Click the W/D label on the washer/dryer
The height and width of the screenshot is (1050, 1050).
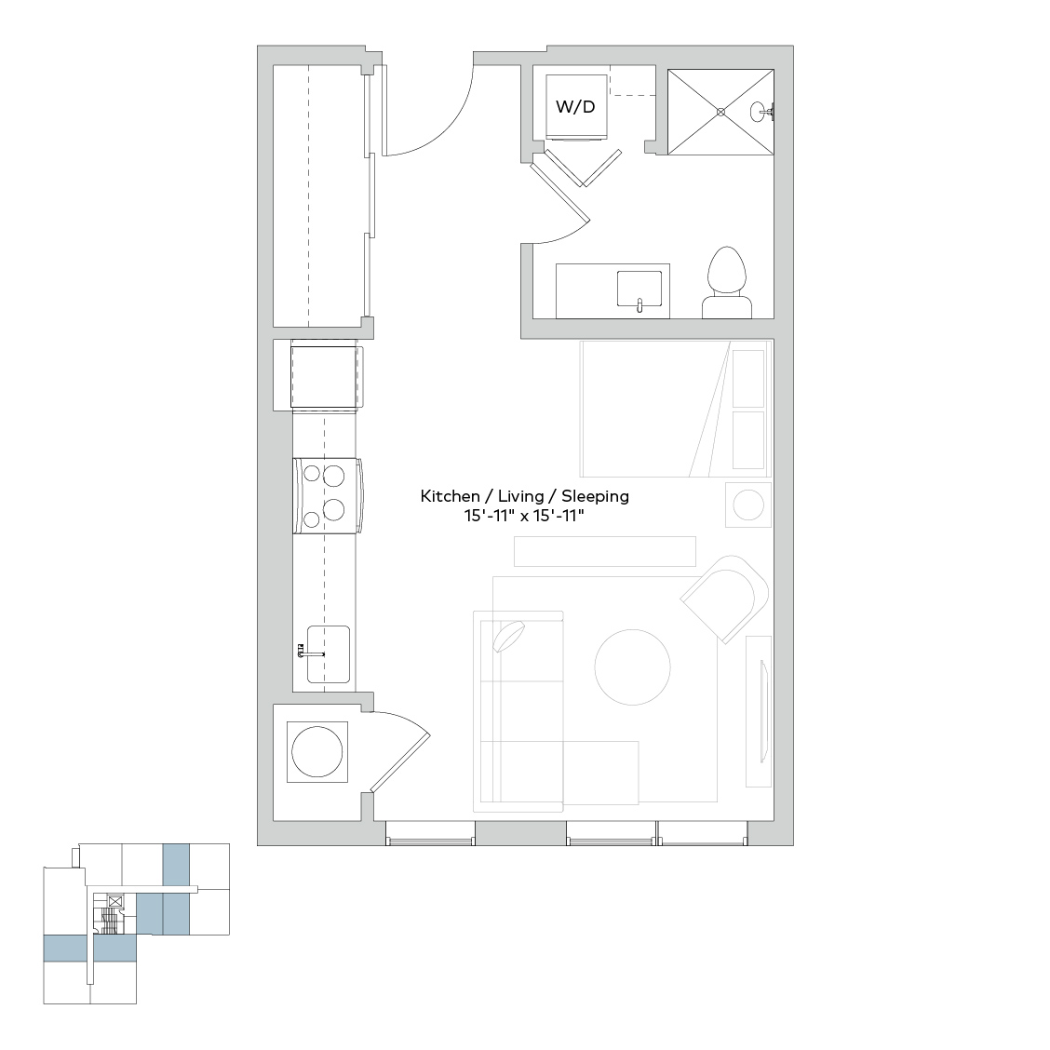575,106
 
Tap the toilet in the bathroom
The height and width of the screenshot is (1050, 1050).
727,283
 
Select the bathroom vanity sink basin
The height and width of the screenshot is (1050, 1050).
639,290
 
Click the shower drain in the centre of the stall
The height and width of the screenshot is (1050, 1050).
720,112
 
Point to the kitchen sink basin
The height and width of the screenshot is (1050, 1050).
328,654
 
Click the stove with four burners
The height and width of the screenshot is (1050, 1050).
328,495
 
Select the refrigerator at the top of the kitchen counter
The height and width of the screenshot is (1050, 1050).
326,376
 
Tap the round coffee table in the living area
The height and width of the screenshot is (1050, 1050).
632,667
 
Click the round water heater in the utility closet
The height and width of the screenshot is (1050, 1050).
317,751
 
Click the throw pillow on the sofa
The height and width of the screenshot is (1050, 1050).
509,636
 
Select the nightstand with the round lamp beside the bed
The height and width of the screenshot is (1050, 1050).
748,505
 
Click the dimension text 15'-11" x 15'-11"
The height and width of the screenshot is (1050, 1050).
525,517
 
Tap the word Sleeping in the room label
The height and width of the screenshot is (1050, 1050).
596,496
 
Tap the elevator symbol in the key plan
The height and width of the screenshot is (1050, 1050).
115,901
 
